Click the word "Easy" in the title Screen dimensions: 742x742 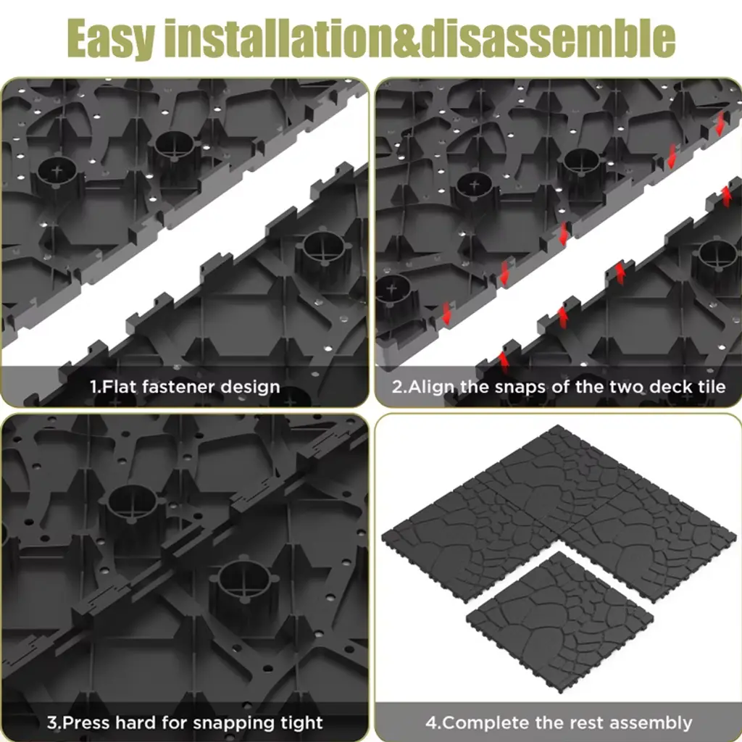[x=111, y=38]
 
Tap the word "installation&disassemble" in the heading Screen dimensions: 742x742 [x=420, y=37]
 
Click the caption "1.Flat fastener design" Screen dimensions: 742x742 [x=185, y=387]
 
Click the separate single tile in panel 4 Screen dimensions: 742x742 [x=560, y=621]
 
